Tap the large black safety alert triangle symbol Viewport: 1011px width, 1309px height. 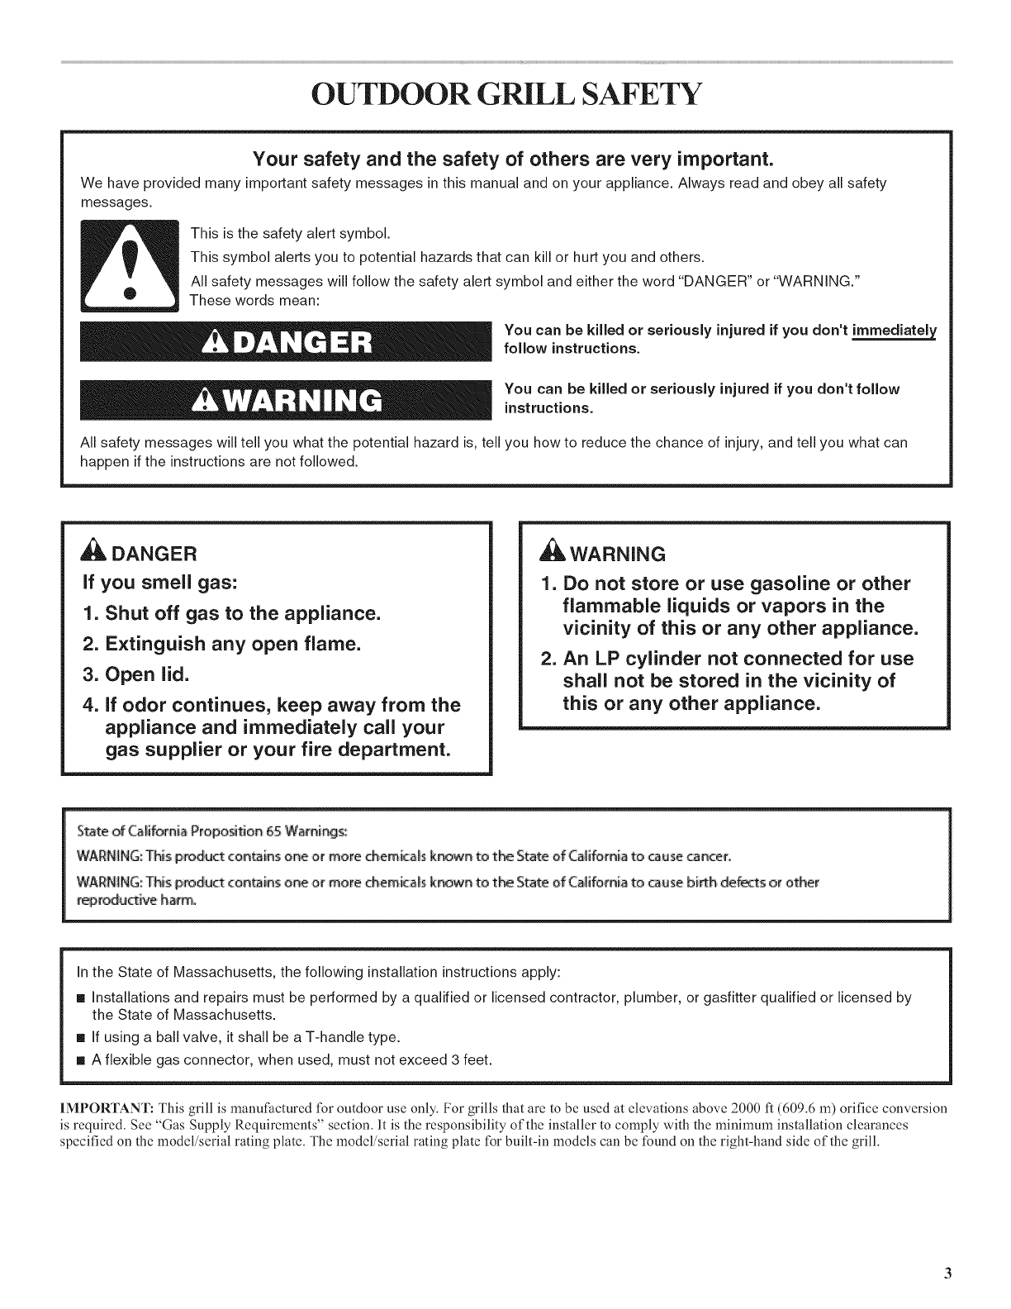tap(129, 266)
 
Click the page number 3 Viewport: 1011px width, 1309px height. tap(949, 1273)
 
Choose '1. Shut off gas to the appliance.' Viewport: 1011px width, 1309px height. tap(232, 613)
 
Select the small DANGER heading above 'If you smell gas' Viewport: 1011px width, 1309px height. tap(149, 551)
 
